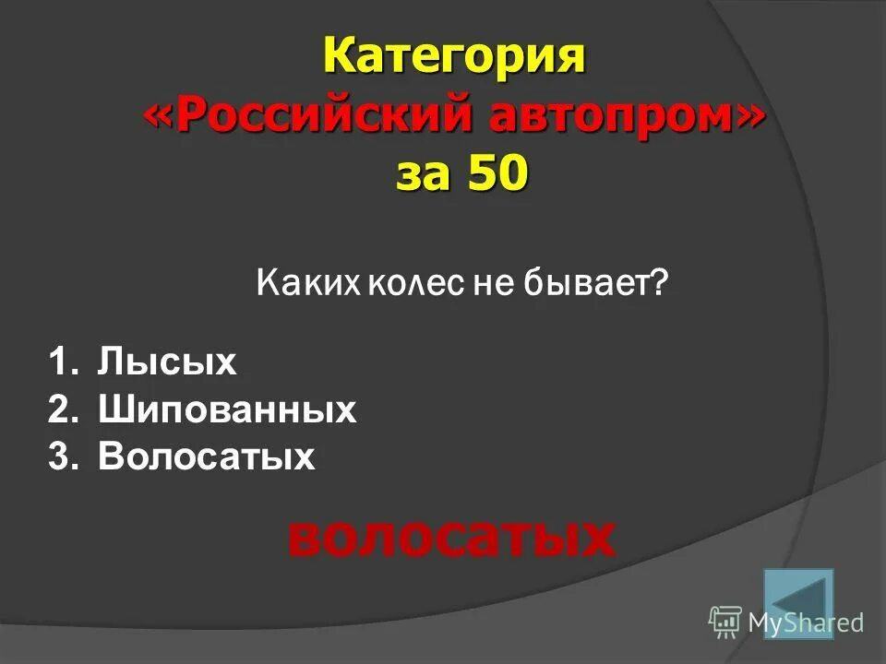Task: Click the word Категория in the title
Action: coord(454,58)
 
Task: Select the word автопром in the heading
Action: coord(605,116)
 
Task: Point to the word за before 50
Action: coord(421,173)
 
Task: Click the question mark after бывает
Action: coord(658,283)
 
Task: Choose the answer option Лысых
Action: coord(167,362)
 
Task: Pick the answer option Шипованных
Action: coord(227,409)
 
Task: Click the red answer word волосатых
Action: coord(450,537)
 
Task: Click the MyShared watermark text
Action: coord(805,622)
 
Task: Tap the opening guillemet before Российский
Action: coord(157,118)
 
